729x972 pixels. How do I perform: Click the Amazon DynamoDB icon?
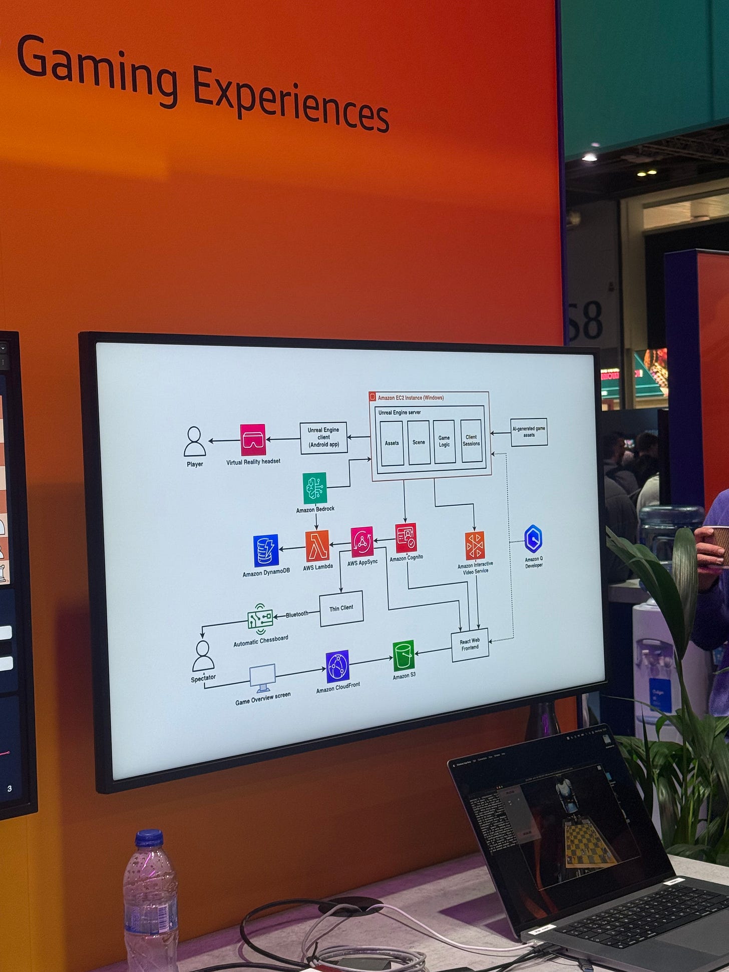(x=265, y=551)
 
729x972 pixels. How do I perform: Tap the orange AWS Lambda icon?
(x=317, y=546)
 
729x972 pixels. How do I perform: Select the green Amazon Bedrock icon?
(x=314, y=488)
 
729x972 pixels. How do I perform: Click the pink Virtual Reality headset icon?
(x=252, y=440)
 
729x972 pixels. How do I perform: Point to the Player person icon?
(x=194, y=441)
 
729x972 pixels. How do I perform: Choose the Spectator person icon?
(x=203, y=656)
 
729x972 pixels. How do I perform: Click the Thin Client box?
(x=341, y=608)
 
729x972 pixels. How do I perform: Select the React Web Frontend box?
(x=470, y=644)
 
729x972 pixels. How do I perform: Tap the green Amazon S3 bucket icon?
(x=403, y=655)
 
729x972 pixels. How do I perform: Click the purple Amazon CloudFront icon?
(x=337, y=667)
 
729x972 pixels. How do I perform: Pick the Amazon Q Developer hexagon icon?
(x=533, y=539)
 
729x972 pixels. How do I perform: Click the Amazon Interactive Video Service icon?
(x=475, y=545)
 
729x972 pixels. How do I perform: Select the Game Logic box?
(x=444, y=441)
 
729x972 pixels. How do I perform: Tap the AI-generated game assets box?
(x=529, y=432)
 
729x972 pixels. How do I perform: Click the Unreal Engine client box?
(x=323, y=438)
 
